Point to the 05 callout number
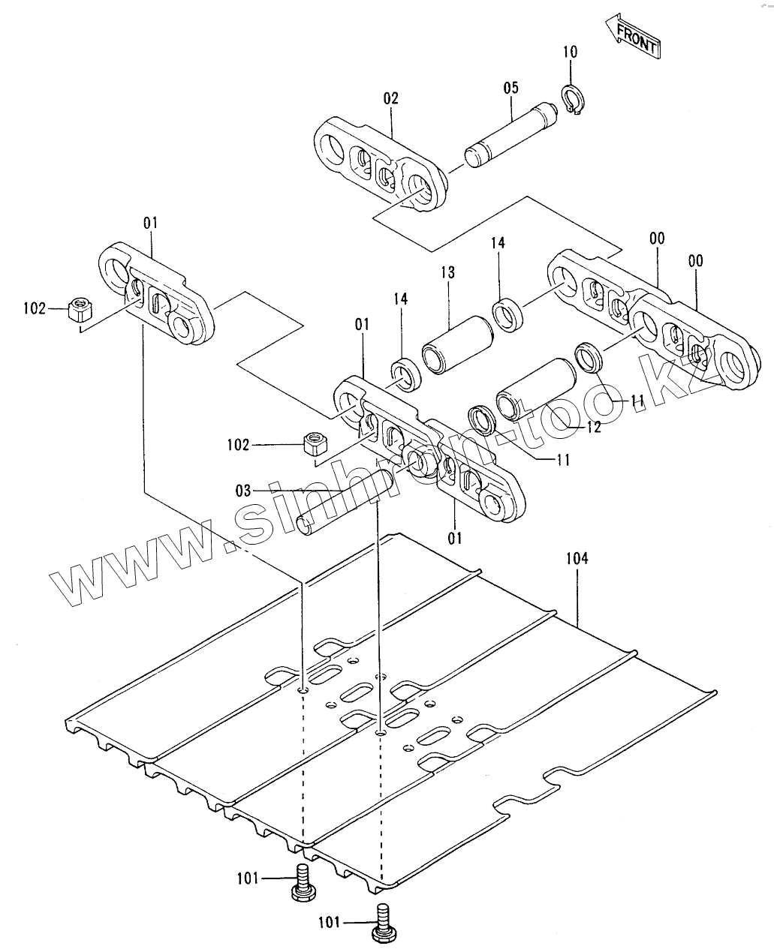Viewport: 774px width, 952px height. point(510,88)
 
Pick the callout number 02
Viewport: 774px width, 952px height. point(390,98)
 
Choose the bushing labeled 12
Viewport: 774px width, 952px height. point(535,387)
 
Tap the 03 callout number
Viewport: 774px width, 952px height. point(243,491)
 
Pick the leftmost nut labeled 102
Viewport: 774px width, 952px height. point(78,309)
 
